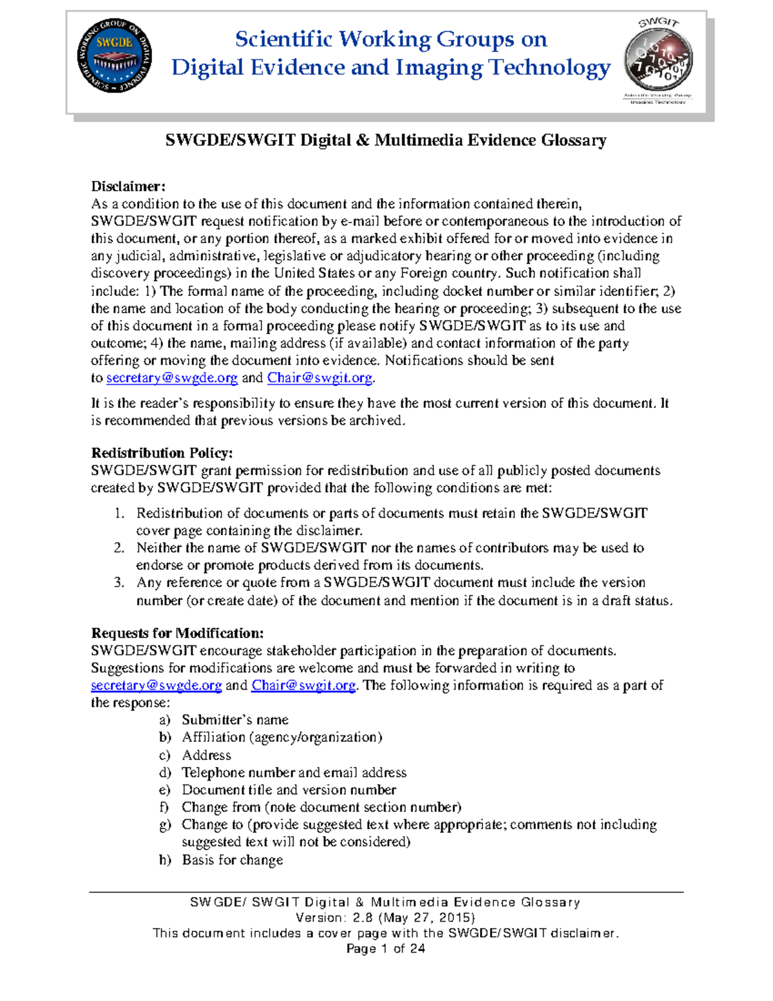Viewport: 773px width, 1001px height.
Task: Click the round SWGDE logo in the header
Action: click(115, 55)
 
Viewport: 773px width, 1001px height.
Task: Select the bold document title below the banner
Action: click(386, 141)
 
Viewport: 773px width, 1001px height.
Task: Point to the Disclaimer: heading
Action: click(128, 186)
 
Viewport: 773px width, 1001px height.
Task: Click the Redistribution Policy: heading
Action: click(162, 452)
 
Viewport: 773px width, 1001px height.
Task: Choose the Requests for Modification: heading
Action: click(177, 633)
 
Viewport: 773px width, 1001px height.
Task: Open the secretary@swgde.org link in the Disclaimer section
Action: click(172, 378)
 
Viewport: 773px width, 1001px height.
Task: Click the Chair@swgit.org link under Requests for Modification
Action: click(303, 685)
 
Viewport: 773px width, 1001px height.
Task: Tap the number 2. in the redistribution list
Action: click(119, 548)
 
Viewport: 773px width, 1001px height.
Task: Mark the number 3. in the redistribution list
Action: click(119, 583)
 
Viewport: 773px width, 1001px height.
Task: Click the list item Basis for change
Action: click(233, 860)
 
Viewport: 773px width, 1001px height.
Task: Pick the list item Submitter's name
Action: click(235, 720)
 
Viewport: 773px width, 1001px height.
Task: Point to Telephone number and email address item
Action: click(294, 772)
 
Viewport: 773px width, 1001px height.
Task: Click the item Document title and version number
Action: click(289, 790)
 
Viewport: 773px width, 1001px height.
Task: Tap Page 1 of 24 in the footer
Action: click(385, 948)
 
